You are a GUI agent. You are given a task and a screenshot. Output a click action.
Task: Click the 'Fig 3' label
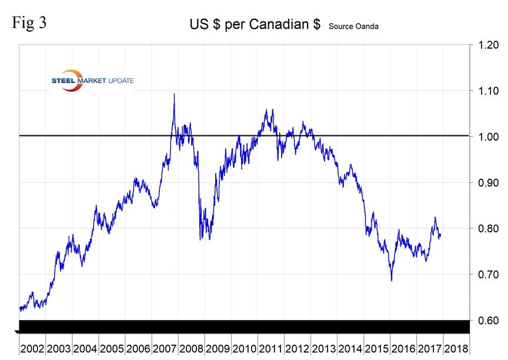30,24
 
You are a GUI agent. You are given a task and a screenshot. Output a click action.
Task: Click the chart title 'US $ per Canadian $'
255,25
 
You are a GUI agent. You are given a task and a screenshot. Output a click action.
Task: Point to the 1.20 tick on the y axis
487,45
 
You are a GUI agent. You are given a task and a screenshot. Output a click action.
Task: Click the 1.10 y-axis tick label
487,91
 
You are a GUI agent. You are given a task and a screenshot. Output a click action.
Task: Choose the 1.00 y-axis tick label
487,137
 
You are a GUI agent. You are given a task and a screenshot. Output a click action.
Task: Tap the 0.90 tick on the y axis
487,183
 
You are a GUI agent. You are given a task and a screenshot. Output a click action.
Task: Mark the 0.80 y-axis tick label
487,229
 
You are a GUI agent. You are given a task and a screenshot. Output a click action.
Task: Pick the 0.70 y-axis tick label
487,275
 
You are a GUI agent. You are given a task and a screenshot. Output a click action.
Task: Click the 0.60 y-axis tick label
487,321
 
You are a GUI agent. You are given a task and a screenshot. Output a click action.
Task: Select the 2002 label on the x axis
32,348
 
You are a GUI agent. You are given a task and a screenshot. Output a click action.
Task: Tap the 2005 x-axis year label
112,348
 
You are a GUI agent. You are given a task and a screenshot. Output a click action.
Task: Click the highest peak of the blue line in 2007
174,94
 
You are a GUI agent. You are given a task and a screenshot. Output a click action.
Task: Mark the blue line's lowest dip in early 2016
392,281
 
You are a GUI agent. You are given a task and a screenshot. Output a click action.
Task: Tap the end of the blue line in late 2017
441,236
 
